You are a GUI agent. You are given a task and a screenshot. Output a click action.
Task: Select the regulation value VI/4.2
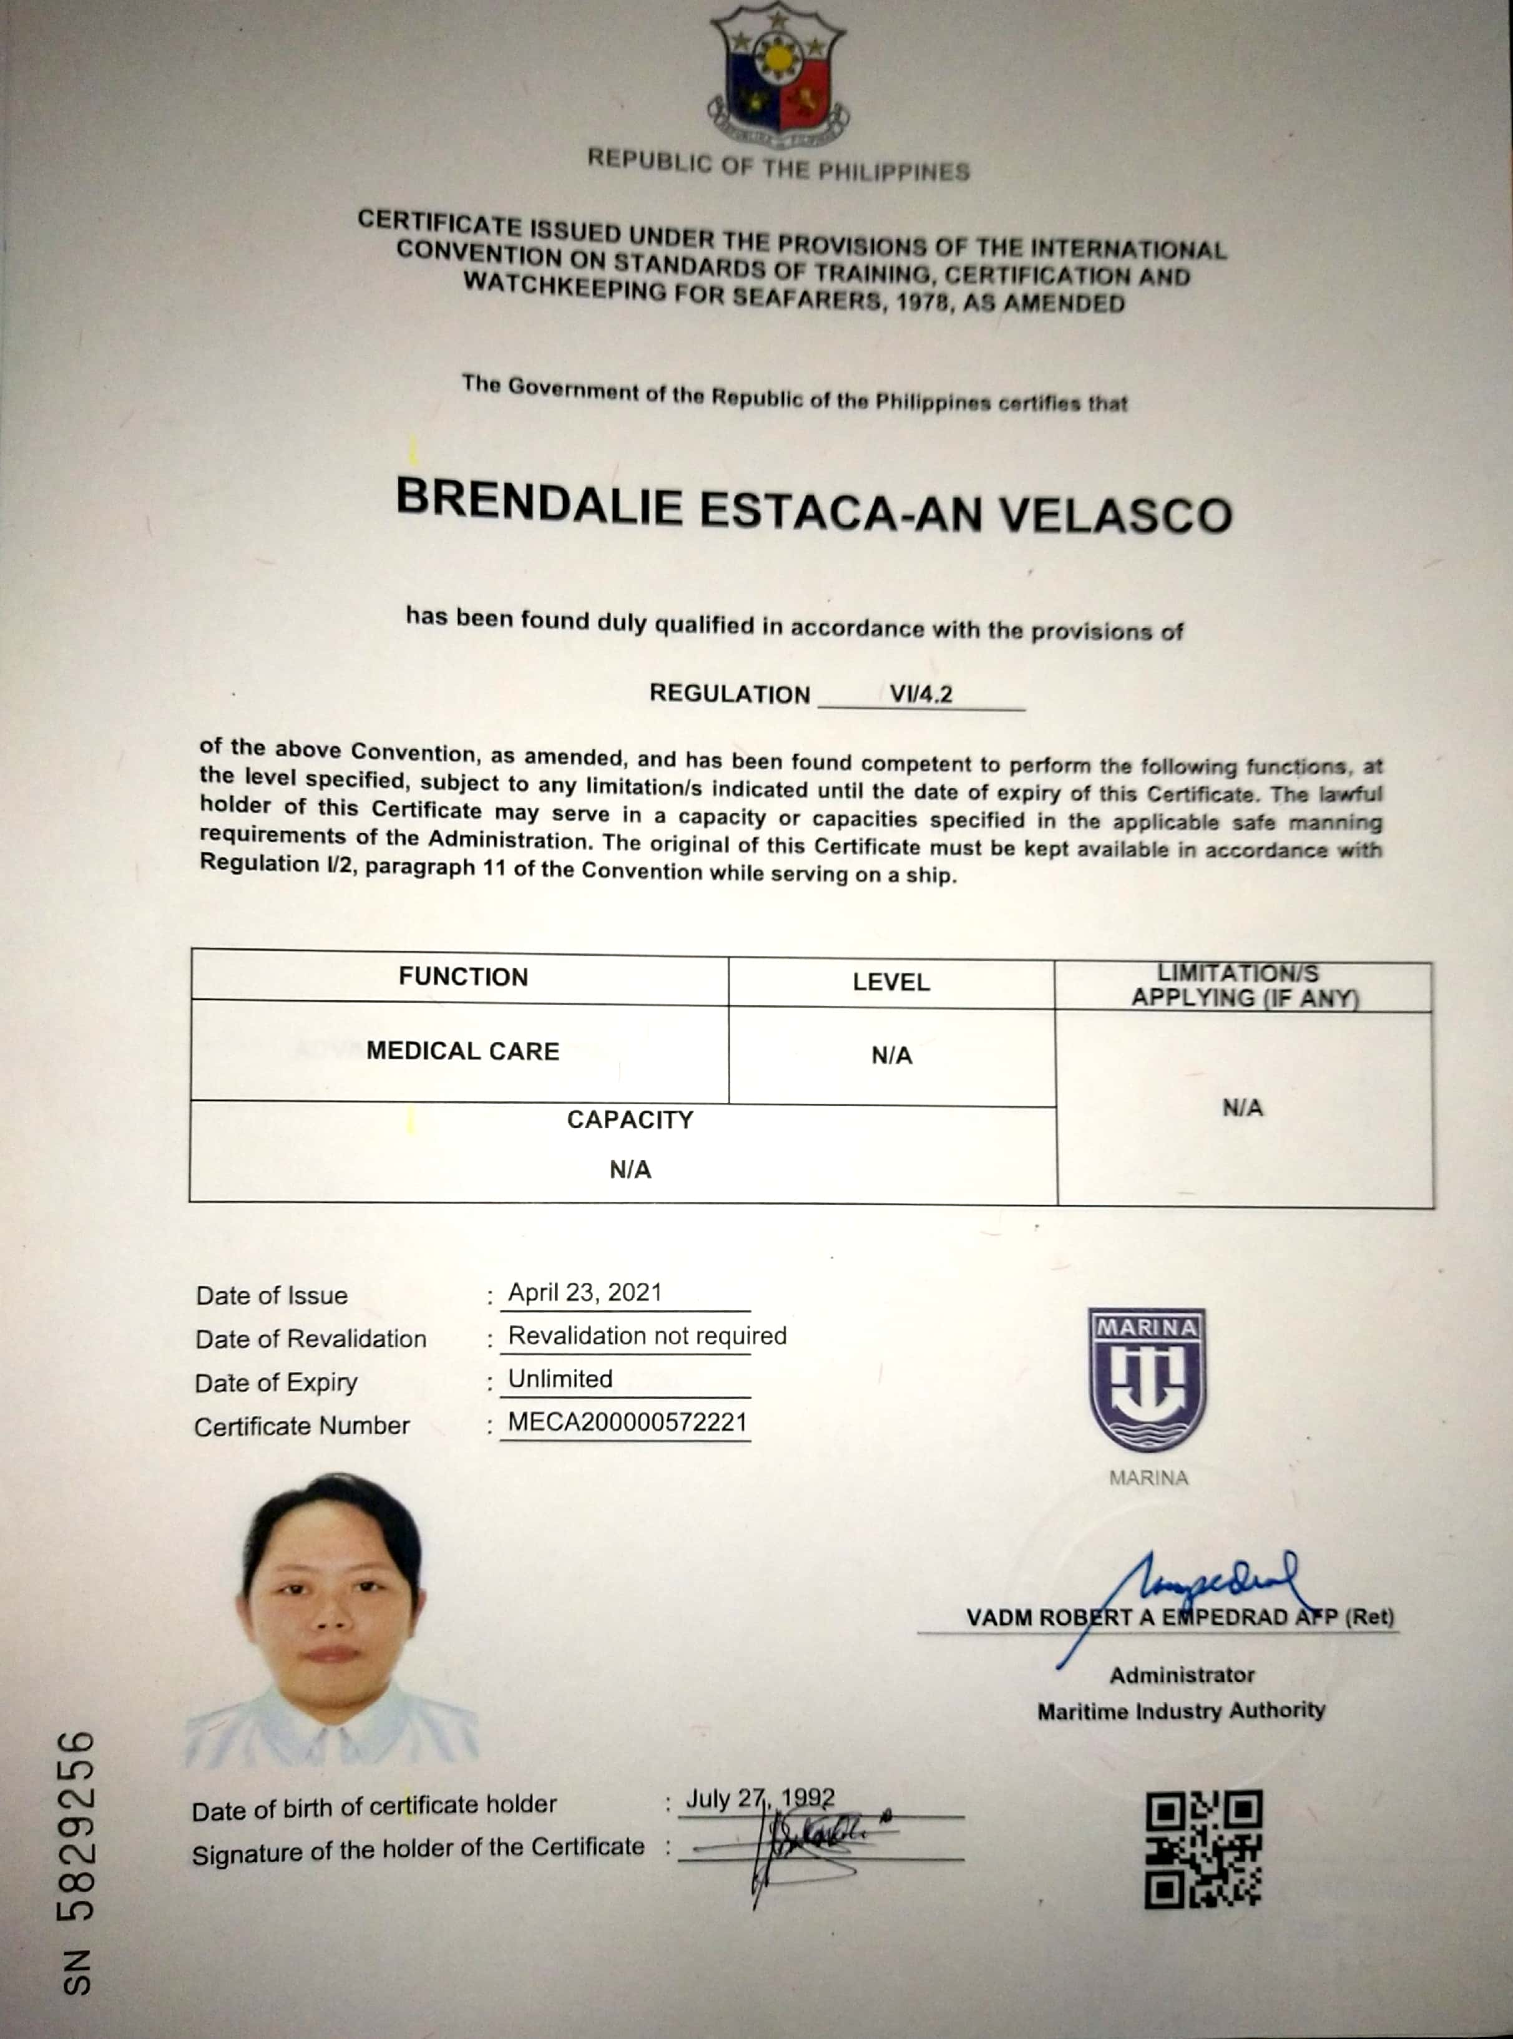tap(921, 694)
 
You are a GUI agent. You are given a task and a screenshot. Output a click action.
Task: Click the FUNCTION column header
tap(463, 977)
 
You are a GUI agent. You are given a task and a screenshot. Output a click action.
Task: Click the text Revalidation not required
tap(647, 1336)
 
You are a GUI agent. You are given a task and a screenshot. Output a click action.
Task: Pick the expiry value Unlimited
tap(560, 1379)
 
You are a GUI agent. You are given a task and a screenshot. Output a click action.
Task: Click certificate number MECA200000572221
tap(627, 1422)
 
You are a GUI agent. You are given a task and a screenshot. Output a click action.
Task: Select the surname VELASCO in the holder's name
tap(1115, 515)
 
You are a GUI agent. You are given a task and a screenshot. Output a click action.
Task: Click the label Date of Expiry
tap(276, 1383)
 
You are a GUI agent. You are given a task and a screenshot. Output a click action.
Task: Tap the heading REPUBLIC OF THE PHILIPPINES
tap(778, 167)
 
